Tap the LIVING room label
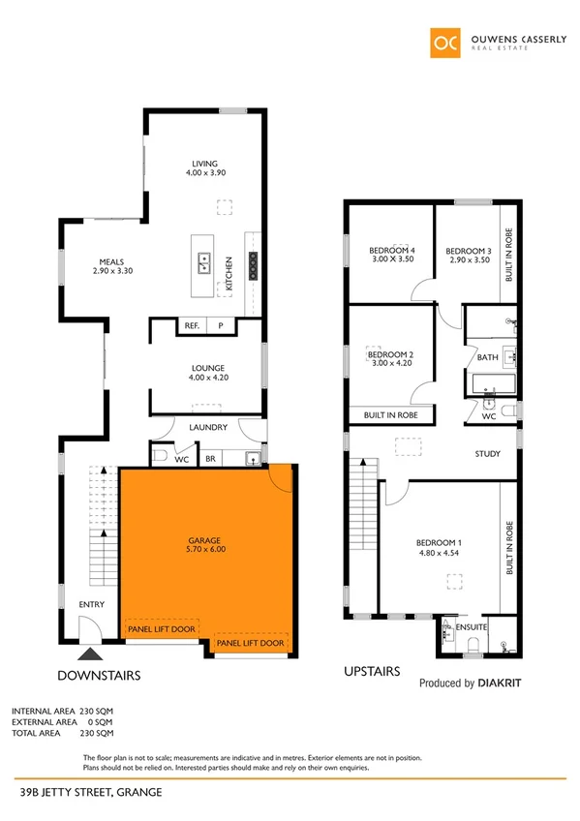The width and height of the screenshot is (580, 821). pyautogui.click(x=204, y=164)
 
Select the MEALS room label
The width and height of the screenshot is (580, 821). pyautogui.click(x=112, y=260)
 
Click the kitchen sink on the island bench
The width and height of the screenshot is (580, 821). pyautogui.click(x=205, y=258)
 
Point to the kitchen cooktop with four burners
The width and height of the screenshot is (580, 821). pyautogui.click(x=254, y=265)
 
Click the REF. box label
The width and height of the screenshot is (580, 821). pyautogui.click(x=192, y=326)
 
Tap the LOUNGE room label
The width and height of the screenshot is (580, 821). pyautogui.click(x=208, y=369)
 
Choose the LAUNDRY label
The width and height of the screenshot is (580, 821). pyautogui.click(x=208, y=427)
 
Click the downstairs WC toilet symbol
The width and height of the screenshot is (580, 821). pyautogui.click(x=162, y=454)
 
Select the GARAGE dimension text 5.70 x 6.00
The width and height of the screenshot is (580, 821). pyautogui.click(x=204, y=549)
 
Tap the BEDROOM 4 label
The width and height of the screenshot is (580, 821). pyautogui.click(x=391, y=251)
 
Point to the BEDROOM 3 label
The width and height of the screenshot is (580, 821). pyautogui.click(x=469, y=251)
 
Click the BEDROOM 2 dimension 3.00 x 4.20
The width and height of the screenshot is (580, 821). pyautogui.click(x=391, y=365)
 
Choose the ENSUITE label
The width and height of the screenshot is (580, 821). pyautogui.click(x=470, y=627)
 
